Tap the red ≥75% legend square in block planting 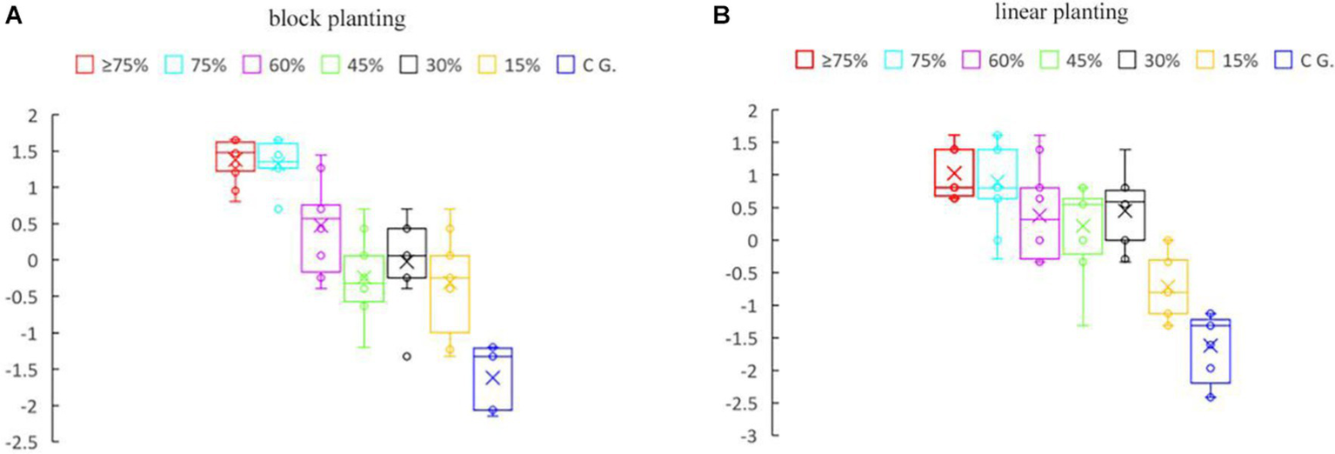pos(84,63)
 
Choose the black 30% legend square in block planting pos(410,63)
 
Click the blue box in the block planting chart pos(493,378)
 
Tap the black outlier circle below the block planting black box pos(406,356)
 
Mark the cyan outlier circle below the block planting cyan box pos(277,209)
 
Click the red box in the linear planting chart pos(953,172)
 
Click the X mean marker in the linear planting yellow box pos(1168,288)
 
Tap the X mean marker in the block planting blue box pos(493,377)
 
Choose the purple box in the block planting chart pos(321,238)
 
